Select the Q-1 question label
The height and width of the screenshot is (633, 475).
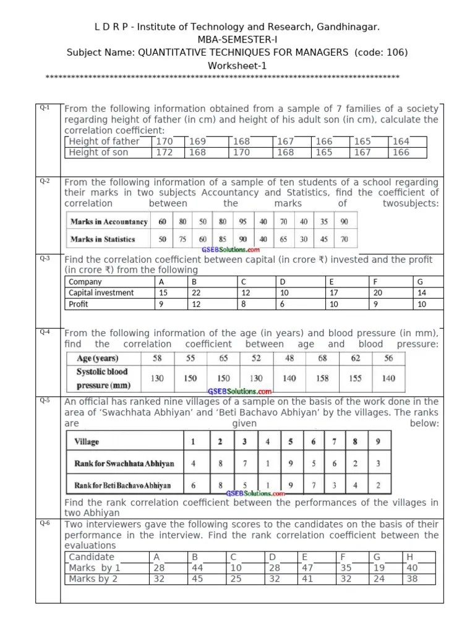click(x=45, y=108)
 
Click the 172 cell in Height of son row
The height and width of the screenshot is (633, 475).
click(x=164, y=152)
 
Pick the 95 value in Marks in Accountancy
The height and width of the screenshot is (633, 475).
click(x=243, y=221)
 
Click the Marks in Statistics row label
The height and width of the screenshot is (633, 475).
click(x=103, y=239)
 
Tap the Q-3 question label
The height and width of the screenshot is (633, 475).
click(x=45, y=258)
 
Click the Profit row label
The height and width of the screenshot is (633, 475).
click(x=79, y=304)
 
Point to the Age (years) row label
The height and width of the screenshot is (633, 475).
click(x=98, y=358)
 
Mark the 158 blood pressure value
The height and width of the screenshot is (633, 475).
click(x=323, y=378)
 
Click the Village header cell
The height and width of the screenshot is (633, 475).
click(x=87, y=442)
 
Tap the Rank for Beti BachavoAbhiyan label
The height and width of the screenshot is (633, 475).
click(x=122, y=485)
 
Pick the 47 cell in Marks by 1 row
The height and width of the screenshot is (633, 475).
click(x=308, y=567)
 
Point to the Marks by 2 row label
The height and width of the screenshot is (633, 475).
click(x=93, y=579)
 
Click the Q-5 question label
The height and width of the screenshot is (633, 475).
click(x=45, y=401)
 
